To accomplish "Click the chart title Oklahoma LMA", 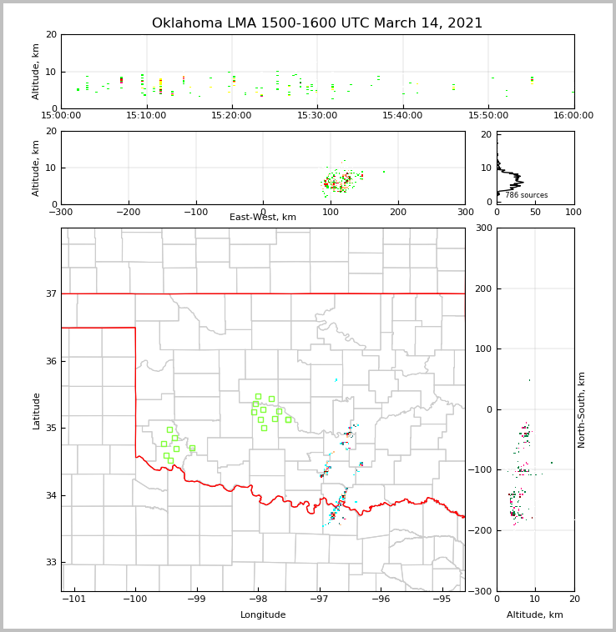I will (x=317, y=23).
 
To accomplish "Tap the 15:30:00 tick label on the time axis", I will (x=317, y=116).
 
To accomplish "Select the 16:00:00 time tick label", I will (x=573, y=116).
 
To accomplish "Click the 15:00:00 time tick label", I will (x=61, y=116).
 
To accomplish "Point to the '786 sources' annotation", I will (x=526, y=195).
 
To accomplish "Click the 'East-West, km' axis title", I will (x=263, y=218).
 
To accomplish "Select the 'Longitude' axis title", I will (x=263, y=615).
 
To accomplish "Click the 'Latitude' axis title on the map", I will (x=36, y=410).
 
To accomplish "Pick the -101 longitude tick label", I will (x=74, y=599).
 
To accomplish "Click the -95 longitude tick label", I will (x=442, y=599).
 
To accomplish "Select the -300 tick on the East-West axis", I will (x=61, y=212).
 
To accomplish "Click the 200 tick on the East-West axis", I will (x=398, y=212).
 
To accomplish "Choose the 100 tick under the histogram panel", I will (x=573, y=212).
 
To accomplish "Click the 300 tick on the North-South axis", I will (x=482, y=228).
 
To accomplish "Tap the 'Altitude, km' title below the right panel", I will (x=535, y=615).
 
